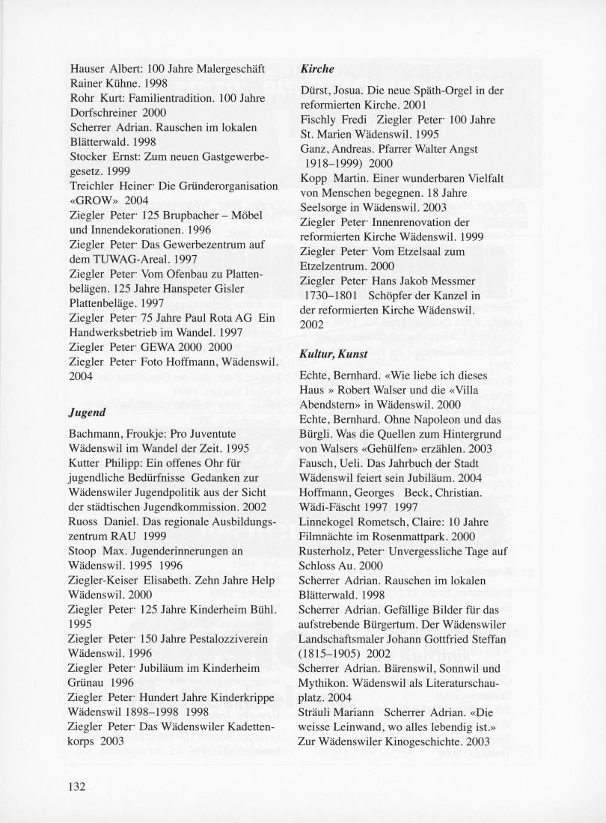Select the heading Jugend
pos(86,412)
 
